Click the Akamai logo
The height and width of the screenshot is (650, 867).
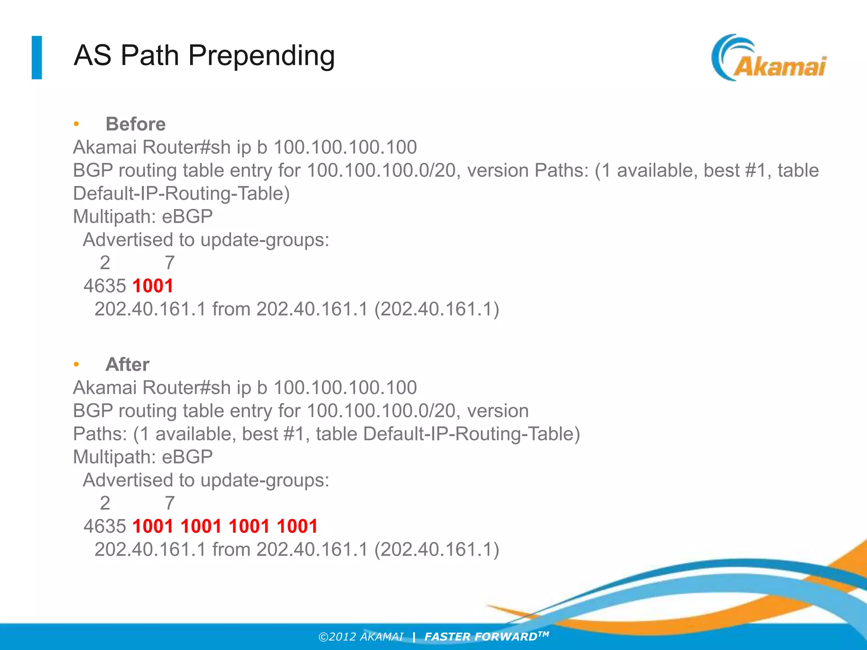(768, 58)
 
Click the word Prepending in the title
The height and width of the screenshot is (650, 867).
(261, 56)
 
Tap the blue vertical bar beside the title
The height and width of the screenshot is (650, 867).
(37, 58)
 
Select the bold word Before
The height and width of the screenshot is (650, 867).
(135, 124)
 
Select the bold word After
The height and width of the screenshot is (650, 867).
(127, 364)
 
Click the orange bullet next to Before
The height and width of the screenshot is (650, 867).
(76, 124)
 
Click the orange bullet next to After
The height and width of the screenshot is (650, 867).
(76, 364)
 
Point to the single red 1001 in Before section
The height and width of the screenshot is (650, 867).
(153, 286)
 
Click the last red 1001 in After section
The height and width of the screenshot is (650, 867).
(297, 526)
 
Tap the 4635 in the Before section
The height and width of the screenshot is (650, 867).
(105, 286)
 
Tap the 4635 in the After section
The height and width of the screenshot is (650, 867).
(105, 526)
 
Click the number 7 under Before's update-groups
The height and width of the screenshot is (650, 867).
(170, 263)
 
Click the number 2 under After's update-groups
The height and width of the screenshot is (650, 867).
(105, 503)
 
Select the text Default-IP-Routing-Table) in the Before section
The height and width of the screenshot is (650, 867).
(181, 193)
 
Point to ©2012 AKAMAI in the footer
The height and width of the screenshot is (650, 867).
(361, 637)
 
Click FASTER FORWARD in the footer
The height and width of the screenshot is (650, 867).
(481, 637)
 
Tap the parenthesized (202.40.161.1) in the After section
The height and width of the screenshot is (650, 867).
(436, 549)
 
